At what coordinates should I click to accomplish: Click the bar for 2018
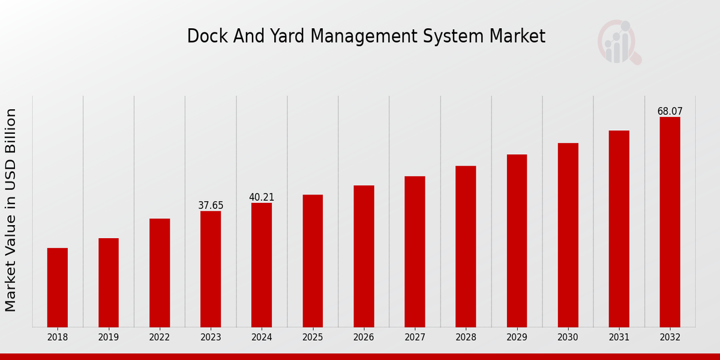coord(58,287)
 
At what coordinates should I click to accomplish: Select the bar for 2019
coord(109,283)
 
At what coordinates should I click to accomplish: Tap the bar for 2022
coord(160,273)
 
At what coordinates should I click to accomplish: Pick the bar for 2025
coord(313,261)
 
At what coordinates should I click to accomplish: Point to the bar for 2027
coord(415,251)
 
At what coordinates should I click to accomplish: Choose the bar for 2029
coord(517,241)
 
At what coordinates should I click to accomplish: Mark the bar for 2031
coord(619,229)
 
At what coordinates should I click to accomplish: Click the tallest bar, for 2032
coord(670,222)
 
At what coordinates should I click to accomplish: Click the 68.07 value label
coord(670,112)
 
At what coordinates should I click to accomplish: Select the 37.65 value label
coord(211,206)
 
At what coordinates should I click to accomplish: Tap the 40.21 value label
coord(262,197)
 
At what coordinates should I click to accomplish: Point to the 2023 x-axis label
coord(211,338)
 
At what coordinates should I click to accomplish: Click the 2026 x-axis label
coord(364,338)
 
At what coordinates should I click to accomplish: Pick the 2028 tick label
coord(466,338)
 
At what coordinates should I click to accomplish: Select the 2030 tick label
coord(568,338)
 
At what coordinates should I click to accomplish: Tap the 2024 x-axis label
coord(262,338)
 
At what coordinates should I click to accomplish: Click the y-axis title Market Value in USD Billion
coord(11,210)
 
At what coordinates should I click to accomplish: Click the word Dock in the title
coord(205,37)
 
